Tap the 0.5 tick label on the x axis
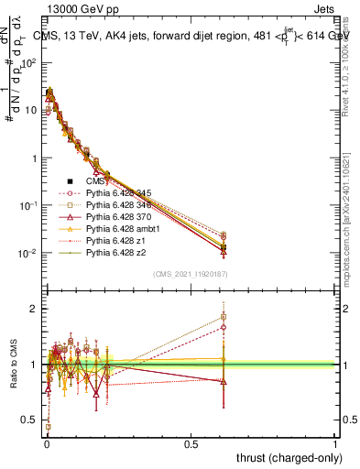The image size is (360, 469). [191, 443]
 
